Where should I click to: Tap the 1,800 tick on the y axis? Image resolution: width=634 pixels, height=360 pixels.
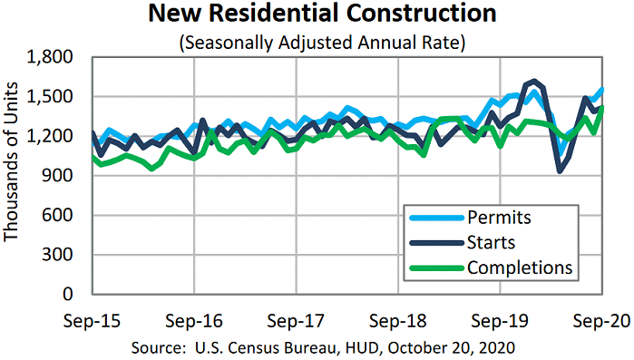pos(54,57)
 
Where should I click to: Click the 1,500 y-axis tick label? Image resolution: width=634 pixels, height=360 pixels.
pos(54,97)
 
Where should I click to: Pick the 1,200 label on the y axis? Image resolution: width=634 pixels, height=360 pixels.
pos(54,136)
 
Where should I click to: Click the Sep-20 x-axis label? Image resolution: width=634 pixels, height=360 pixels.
pos(600,321)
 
